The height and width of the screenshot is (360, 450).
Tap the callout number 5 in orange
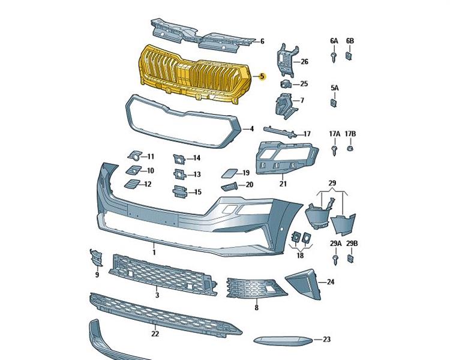(262, 77)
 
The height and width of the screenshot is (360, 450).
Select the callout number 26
(304, 62)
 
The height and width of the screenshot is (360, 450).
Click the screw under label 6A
(334, 56)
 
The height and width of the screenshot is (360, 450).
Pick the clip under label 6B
(350, 56)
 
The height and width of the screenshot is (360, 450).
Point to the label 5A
(334, 88)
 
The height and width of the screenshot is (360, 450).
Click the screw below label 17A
(334, 147)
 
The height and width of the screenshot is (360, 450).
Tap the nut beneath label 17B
(350, 148)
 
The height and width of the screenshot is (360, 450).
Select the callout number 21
(283, 184)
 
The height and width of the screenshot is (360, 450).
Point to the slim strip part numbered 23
(281, 340)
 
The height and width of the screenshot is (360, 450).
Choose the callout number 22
(155, 334)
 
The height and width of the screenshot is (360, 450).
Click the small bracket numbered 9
(96, 257)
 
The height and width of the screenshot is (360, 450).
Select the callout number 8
(256, 307)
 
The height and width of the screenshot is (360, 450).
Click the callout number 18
(300, 255)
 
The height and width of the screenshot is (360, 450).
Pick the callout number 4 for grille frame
(251, 128)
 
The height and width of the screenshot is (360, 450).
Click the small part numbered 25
(287, 84)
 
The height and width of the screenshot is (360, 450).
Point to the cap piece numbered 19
(229, 174)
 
